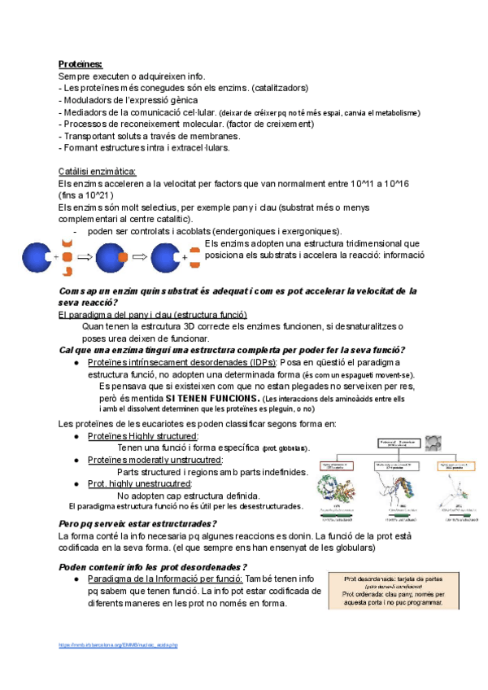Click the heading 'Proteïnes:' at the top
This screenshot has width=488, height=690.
click(x=80, y=64)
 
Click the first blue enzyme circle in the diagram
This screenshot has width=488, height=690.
click(x=38, y=258)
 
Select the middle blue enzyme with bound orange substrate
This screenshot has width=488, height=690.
click(x=111, y=258)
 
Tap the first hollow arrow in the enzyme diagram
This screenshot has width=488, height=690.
click(x=85, y=258)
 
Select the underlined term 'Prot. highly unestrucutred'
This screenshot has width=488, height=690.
click(x=142, y=483)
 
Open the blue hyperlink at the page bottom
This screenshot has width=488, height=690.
click(x=118, y=645)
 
